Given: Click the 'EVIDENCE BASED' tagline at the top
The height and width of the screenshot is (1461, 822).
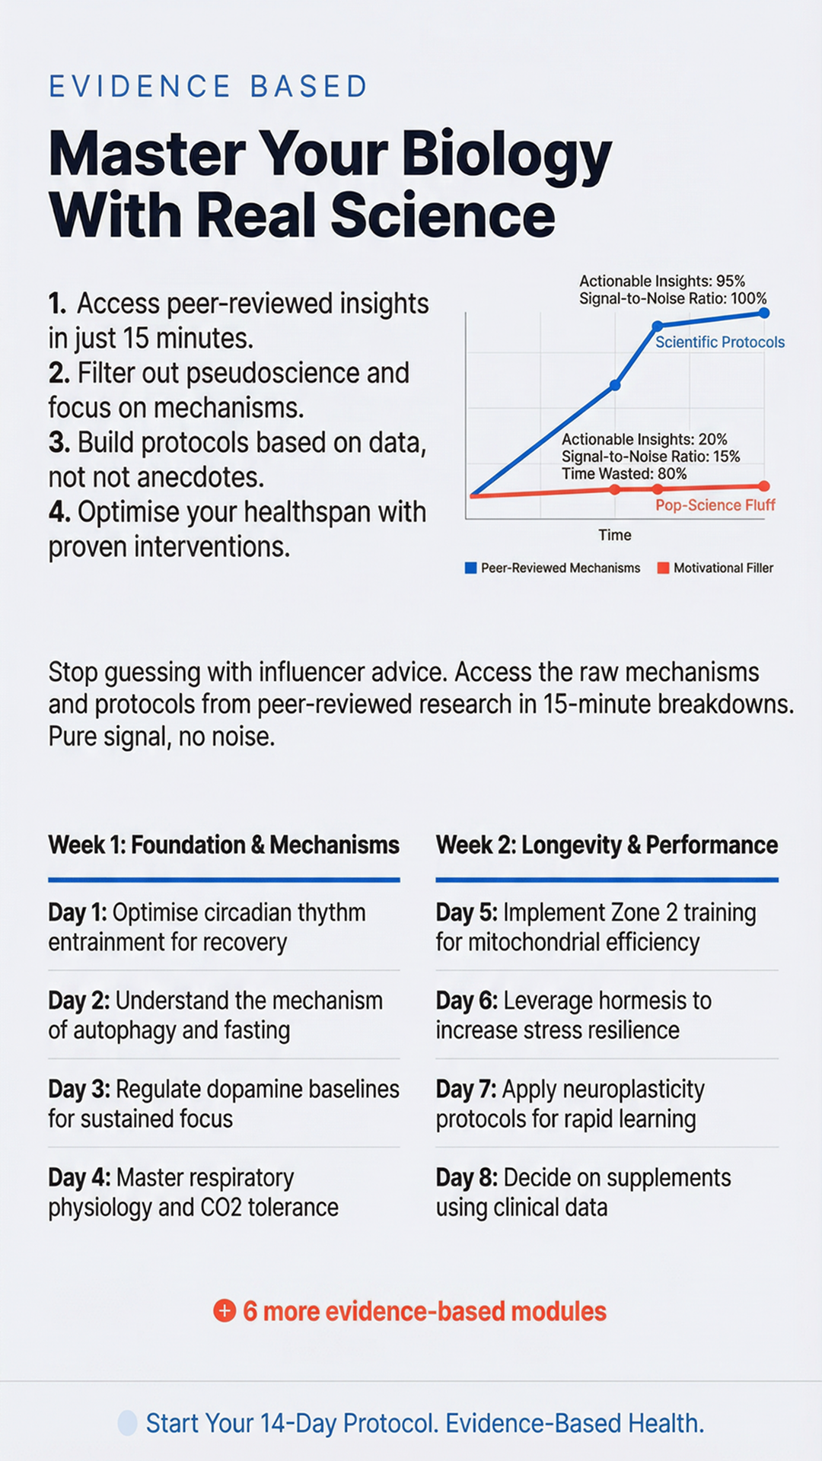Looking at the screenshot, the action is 208,86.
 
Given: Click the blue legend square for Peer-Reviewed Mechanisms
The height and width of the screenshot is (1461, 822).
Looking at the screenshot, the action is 470,568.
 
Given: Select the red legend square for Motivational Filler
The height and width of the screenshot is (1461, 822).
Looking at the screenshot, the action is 663,568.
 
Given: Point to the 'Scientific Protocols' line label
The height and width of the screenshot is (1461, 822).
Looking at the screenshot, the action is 720,342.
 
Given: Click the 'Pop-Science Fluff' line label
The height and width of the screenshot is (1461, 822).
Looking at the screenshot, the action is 715,505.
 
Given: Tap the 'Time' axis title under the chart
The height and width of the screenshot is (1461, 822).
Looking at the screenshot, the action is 615,535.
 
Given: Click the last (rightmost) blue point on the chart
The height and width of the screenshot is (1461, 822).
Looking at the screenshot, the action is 764,313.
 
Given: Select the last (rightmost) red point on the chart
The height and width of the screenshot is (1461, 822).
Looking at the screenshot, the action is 764,486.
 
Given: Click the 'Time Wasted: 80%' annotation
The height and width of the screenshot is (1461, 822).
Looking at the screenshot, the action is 624,474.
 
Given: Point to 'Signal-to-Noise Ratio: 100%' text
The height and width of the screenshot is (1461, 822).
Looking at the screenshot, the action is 673,298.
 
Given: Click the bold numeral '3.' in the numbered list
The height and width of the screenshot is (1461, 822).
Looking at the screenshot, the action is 59,443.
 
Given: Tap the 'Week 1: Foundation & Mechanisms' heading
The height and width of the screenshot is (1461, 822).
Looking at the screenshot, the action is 224,845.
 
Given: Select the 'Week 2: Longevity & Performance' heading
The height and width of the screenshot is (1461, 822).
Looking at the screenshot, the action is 607,845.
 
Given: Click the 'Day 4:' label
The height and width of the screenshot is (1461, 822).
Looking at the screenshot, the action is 79,1178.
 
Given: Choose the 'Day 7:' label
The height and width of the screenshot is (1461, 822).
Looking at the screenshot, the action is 466,1090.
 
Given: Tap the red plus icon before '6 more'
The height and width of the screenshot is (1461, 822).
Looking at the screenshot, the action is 225,1311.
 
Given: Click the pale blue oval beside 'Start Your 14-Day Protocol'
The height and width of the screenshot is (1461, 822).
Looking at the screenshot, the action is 128,1423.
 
